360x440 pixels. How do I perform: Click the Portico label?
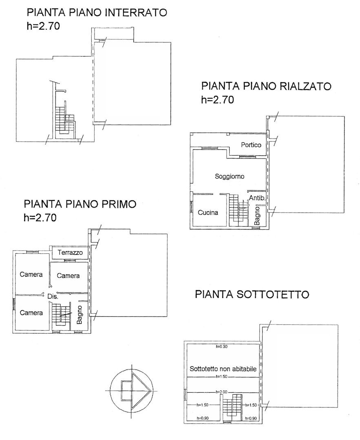(251, 145)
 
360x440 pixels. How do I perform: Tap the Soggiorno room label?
(230, 176)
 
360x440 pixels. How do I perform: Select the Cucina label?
(208, 212)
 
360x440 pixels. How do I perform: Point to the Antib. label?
(257, 198)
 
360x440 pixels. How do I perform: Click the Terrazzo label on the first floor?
(70, 252)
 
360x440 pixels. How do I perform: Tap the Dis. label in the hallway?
(53, 296)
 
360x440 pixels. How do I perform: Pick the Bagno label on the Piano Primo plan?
(80, 315)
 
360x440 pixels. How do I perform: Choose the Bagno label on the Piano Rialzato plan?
(257, 216)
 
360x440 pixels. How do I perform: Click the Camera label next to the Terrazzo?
(68, 275)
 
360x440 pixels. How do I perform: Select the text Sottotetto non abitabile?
(223, 369)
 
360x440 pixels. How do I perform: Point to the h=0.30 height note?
(221, 347)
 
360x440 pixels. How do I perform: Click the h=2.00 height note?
(221, 392)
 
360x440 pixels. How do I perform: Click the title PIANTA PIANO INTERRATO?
(97, 13)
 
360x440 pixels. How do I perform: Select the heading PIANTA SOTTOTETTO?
(252, 295)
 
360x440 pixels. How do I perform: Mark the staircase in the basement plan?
(65, 120)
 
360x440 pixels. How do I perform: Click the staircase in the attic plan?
(232, 406)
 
